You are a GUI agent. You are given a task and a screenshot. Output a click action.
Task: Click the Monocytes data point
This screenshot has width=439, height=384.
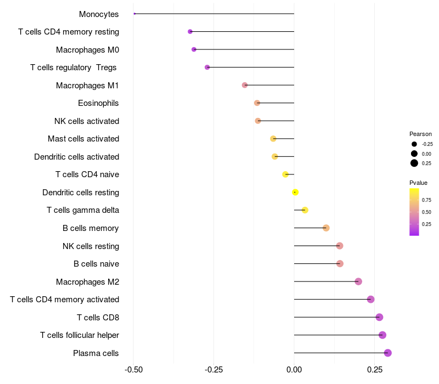134,14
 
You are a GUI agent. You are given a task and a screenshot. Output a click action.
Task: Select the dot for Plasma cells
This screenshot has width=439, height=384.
387,353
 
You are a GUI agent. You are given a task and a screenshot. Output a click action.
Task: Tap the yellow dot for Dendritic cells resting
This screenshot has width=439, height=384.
295,192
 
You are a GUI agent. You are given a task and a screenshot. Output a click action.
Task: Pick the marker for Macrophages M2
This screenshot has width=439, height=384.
358,281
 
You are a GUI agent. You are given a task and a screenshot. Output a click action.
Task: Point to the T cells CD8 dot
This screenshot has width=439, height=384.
379,317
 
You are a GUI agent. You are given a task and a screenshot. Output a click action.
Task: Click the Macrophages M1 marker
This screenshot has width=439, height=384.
245,85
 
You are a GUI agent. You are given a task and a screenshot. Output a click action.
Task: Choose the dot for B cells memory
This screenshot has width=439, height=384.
326,228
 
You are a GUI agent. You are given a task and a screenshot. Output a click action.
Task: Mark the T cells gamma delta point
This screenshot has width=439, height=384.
305,210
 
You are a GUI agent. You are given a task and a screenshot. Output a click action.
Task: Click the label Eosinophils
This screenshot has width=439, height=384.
98,103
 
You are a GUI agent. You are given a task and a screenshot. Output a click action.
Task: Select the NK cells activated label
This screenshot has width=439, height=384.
87,121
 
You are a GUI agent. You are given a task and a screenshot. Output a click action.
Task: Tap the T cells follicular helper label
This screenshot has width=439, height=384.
80,335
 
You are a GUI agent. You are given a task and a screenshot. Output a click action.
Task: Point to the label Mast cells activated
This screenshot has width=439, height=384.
83,139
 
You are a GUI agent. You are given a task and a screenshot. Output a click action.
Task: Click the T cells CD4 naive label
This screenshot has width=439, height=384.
87,174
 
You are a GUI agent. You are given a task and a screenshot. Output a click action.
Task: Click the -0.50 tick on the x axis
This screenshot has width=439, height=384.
134,370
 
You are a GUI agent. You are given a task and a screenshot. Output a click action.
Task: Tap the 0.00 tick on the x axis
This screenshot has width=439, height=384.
294,370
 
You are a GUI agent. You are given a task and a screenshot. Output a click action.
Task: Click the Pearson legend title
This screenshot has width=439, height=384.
420,134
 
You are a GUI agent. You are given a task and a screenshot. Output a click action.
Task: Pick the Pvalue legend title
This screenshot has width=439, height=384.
418,183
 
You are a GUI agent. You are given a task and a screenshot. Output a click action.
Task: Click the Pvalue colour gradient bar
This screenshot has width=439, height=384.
414,212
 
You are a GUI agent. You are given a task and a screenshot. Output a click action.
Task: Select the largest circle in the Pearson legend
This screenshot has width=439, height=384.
414,163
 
